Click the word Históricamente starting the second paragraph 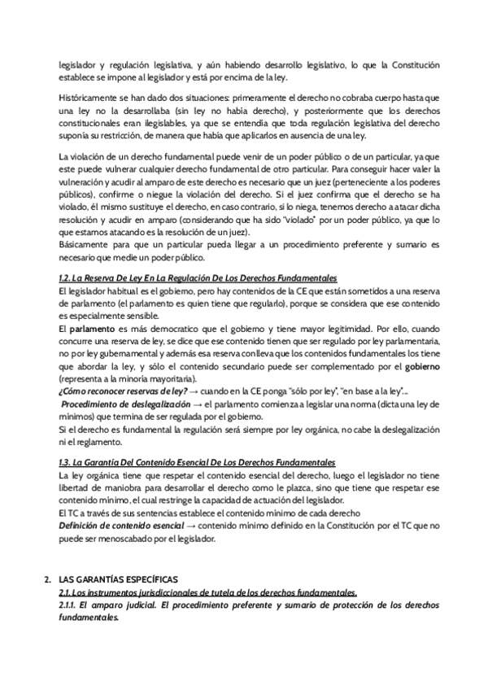click(x=84, y=96)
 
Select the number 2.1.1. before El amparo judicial click(x=72, y=606)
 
